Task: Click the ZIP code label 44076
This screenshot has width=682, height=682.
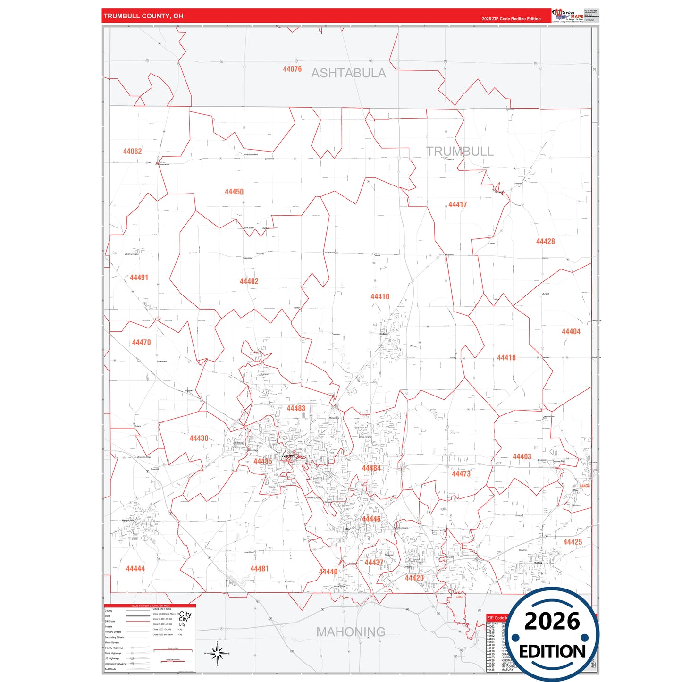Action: point(292,69)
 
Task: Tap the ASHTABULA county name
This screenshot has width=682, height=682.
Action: point(348,73)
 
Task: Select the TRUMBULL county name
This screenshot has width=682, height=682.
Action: point(460,152)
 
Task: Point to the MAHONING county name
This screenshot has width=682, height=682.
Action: point(351,631)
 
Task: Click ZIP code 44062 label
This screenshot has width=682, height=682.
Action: point(132,152)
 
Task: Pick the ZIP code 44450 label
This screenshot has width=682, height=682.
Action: point(234,192)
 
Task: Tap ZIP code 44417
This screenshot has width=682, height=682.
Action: point(457,204)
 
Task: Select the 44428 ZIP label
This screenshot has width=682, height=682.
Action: point(545,241)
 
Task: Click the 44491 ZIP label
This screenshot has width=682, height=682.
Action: point(139,278)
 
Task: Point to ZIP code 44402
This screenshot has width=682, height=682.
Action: point(249,281)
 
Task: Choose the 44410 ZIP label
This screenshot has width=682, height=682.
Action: point(379,296)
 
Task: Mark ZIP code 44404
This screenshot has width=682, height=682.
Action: point(571,332)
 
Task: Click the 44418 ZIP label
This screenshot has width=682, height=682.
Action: point(506,358)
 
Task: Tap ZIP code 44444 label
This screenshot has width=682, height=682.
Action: point(135,569)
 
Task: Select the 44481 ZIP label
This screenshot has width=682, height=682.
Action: point(259,569)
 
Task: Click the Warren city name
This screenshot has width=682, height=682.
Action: point(287,456)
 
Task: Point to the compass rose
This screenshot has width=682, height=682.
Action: point(217,654)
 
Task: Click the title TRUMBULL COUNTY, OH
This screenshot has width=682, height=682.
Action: point(143,16)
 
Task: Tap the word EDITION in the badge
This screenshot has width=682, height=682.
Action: point(552,652)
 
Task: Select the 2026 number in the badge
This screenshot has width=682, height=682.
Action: point(552,621)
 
